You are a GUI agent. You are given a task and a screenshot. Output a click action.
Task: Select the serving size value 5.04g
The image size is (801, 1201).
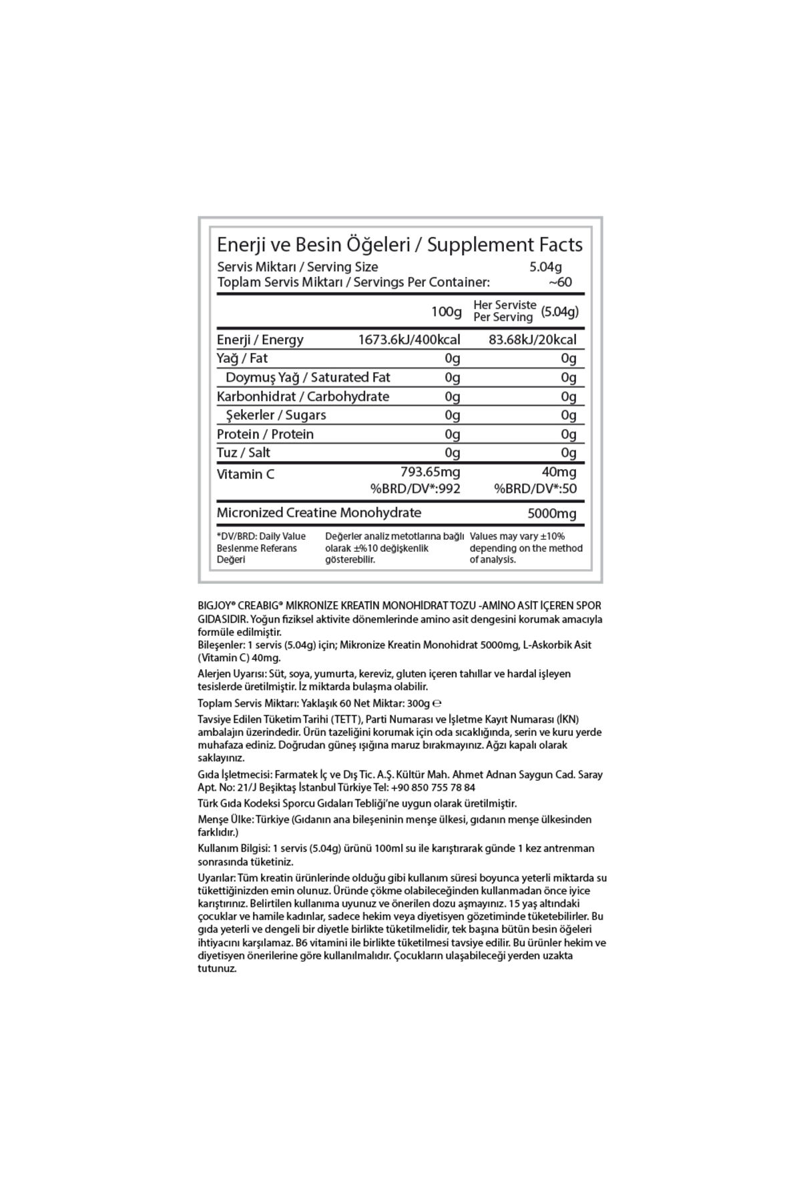tap(545, 268)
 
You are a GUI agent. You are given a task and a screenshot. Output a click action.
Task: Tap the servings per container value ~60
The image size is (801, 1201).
tap(560, 282)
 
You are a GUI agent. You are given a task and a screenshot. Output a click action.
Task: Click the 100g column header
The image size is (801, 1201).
tap(446, 312)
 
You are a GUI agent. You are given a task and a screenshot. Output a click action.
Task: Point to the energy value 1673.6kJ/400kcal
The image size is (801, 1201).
tap(409, 340)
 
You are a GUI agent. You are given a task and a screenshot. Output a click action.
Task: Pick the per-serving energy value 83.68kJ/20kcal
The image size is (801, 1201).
tap(532, 340)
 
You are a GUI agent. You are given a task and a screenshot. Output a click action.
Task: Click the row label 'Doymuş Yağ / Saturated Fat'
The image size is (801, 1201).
tap(308, 378)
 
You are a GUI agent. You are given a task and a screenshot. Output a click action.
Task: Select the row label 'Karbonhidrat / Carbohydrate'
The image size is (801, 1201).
tap(302, 396)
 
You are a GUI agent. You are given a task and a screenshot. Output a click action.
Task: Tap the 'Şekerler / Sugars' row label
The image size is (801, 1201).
tap(276, 415)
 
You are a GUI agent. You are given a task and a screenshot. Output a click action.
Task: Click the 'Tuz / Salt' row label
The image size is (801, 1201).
tap(243, 452)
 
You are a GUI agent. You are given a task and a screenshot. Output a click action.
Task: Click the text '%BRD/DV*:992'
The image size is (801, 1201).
tap(415, 488)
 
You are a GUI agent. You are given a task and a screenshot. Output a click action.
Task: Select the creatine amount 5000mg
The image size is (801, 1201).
tap(551, 514)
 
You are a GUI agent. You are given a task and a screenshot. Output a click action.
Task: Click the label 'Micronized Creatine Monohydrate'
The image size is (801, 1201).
tap(318, 512)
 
